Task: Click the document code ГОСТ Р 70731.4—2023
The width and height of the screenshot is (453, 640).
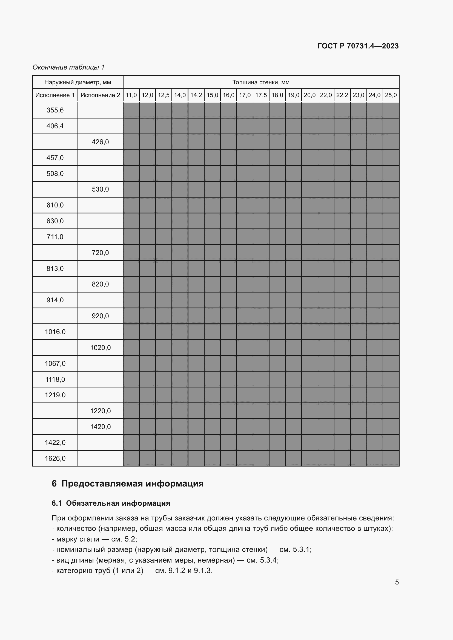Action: click(358, 46)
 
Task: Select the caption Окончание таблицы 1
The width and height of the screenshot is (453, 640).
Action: click(68, 67)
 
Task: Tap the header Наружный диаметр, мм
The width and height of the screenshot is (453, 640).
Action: click(78, 82)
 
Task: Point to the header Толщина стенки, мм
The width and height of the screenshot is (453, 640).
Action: click(261, 82)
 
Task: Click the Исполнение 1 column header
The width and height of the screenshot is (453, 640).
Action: click(55, 95)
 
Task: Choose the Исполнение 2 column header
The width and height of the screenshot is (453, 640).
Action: click(100, 95)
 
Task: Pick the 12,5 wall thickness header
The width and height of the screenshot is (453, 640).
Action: click(164, 95)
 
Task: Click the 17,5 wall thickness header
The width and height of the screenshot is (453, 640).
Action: click(261, 95)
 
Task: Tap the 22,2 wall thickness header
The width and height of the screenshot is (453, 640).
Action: click(342, 95)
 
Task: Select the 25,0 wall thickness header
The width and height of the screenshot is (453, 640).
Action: click(391, 95)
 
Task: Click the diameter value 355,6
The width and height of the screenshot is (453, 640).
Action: click(55, 110)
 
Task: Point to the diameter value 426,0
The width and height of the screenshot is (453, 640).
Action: click(100, 142)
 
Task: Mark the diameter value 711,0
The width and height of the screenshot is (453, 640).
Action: click(55, 237)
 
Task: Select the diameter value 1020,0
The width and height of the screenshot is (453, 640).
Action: click(100, 347)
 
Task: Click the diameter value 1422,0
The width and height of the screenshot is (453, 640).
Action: click(55, 443)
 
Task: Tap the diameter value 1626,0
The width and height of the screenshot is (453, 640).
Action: click(55, 459)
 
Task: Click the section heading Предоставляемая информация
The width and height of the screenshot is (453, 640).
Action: click(132, 483)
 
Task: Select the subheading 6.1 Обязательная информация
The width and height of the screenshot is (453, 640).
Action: click(111, 503)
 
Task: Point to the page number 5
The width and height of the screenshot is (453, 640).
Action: click(397, 582)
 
